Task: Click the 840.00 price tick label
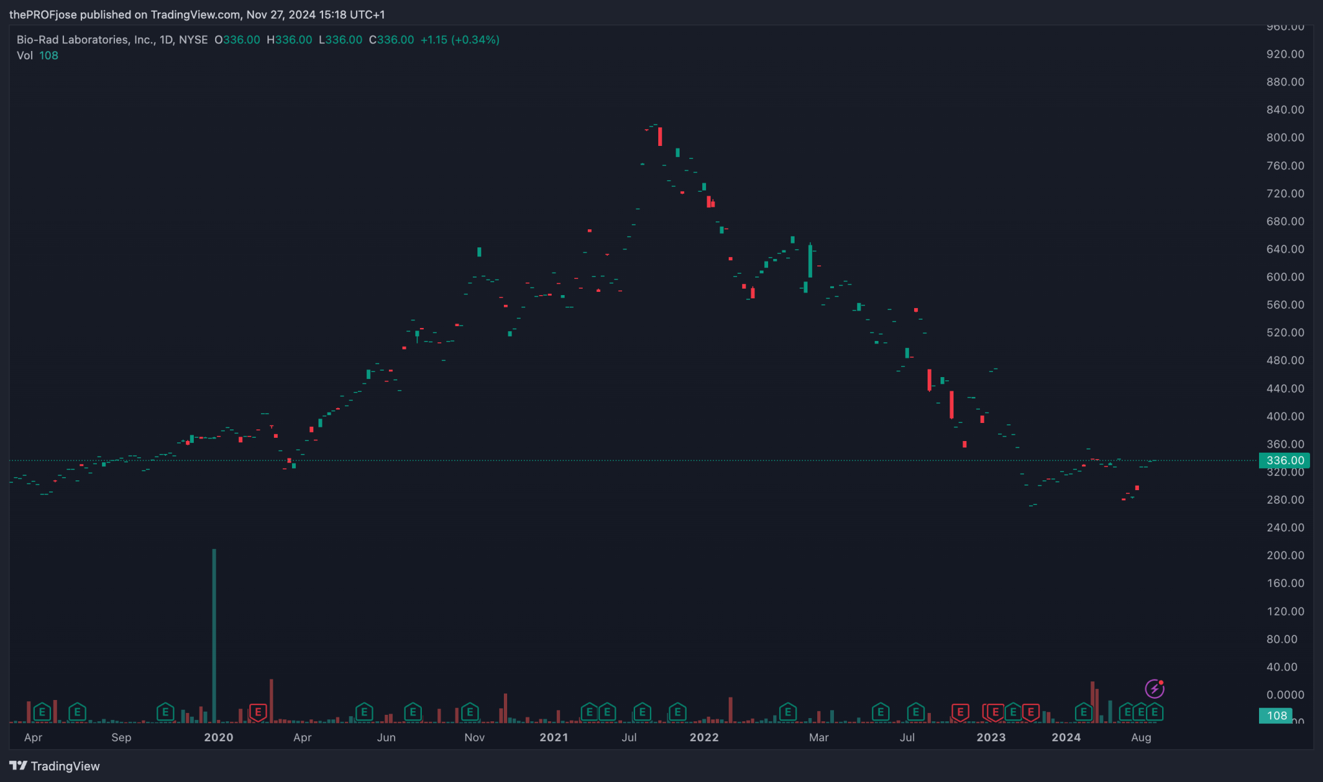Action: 1285,110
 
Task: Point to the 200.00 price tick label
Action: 1285,555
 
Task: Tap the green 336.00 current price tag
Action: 1284,460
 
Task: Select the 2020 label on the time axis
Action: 218,737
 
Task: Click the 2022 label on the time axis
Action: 703,737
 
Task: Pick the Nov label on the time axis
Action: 474,737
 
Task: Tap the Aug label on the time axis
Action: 1141,737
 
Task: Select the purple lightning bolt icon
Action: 1154,689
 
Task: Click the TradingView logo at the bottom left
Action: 55,766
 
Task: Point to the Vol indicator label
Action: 25,56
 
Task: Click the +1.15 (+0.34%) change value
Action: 460,40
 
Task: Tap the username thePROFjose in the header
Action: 43,14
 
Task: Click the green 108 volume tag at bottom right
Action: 1276,715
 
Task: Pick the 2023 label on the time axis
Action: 990,737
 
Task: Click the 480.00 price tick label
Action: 1285,360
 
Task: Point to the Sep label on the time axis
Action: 121,737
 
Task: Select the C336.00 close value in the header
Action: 391,40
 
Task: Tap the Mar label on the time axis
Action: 818,737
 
